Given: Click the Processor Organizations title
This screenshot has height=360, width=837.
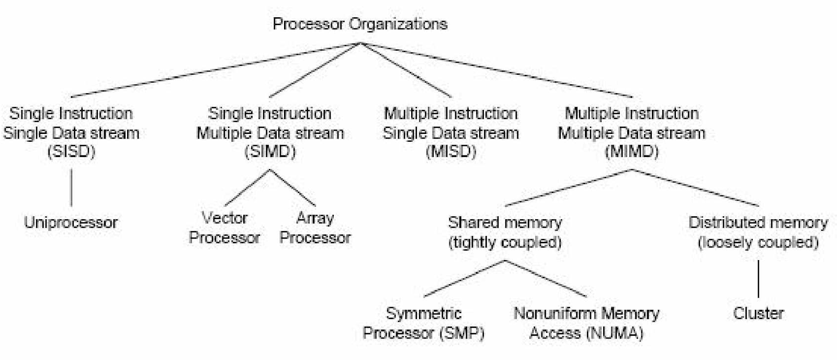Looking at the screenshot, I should [360, 24].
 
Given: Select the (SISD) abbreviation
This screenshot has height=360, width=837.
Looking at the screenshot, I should [71, 152].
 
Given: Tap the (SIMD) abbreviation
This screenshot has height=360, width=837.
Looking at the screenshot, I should [270, 152].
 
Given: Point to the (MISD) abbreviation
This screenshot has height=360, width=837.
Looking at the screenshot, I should [451, 152].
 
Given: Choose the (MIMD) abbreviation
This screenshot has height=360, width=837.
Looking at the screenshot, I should [631, 152].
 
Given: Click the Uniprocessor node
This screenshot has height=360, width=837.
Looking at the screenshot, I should [71, 222].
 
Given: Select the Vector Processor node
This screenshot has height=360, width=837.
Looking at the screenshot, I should [224, 228].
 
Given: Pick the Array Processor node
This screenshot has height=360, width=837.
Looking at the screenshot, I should [315, 228].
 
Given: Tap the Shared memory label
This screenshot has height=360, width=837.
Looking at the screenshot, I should [505, 222].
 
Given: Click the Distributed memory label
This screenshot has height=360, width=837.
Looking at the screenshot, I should [758, 222].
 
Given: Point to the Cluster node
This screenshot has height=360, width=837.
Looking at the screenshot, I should [758, 313].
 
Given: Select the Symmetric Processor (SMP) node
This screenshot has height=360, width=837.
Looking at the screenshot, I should [424, 323].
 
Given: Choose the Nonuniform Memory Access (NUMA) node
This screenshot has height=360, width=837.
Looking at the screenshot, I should [586, 323].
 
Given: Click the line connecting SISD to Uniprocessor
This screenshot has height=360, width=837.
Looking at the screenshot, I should [71, 187].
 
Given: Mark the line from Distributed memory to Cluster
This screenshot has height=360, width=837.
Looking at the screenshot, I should [758, 278].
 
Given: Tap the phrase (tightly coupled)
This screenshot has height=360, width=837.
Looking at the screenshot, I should [505, 242].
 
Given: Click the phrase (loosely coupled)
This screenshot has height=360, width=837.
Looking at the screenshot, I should [758, 242].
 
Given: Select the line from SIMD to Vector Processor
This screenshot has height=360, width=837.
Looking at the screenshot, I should [247, 187].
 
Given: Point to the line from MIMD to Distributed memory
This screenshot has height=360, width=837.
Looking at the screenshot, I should [695, 187].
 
